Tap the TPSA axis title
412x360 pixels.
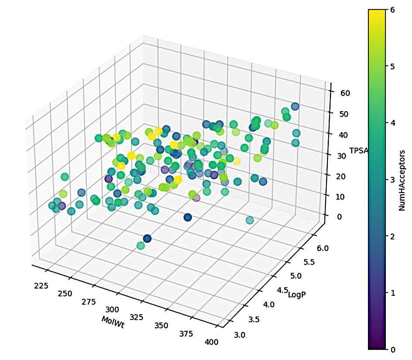click(x=359, y=151)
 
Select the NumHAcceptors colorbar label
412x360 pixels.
click(x=403, y=180)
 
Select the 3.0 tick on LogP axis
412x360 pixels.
click(x=239, y=335)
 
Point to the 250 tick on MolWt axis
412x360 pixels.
click(x=65, y=293)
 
